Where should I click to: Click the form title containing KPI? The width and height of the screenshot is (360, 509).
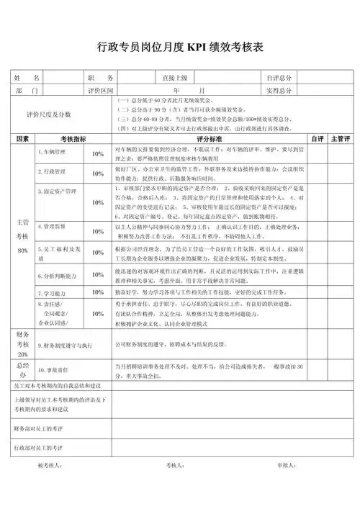[x=180, y=48]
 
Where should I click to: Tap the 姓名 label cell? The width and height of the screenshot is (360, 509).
[x=28, y=78]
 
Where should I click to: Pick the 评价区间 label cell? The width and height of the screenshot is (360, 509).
[x=100, y=91]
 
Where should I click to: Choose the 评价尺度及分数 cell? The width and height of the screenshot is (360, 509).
[x=49, y=114]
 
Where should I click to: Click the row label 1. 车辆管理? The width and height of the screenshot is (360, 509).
[x=51, y=153]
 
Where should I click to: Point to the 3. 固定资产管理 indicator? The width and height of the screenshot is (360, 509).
[x=57, y=192]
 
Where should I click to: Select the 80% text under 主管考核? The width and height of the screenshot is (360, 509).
[x=22, y=249]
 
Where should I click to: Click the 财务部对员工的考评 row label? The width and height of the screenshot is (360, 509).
[x=40, y=428]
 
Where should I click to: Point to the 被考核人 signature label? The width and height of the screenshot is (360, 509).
[x=51, y=464]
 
